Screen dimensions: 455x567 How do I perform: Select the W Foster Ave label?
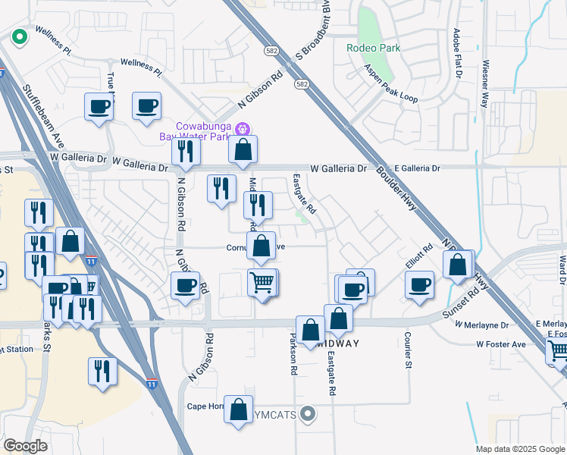[501, 344]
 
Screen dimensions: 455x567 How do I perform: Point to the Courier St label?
[407, 350]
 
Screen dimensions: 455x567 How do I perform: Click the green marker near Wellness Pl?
[18, 35]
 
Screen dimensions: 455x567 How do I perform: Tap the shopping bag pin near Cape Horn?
[238, 410]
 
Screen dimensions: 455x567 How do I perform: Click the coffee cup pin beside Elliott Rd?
[419, 285]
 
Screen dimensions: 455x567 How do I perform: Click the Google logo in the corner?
[24, 446]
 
